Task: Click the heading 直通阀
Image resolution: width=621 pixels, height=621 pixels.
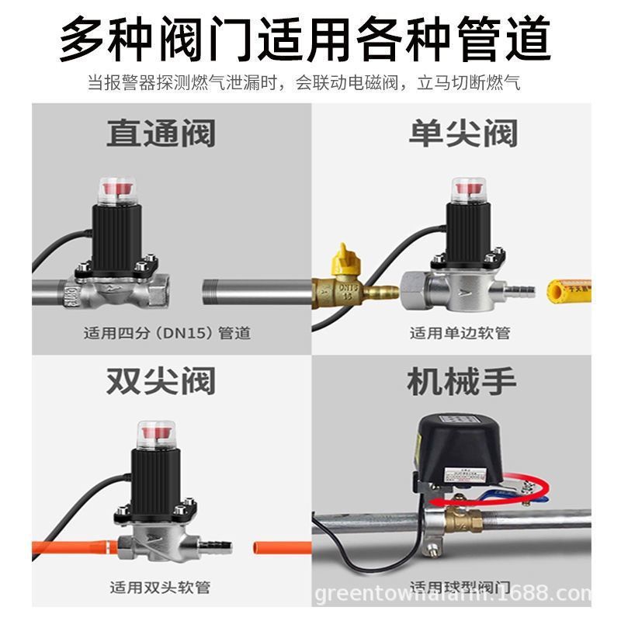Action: [161, 134]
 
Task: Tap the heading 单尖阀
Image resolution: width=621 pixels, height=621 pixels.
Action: [463, 134]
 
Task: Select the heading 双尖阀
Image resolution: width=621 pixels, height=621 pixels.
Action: [161, 382]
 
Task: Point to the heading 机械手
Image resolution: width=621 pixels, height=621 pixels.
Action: [461, 382]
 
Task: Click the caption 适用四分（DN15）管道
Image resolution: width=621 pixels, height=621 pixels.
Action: [167, 334]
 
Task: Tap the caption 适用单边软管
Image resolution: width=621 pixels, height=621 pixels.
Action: [460, 334]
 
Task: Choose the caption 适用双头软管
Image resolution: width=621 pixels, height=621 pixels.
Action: [159, 587]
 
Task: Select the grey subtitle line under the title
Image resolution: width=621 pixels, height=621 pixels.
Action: [304, 83]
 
